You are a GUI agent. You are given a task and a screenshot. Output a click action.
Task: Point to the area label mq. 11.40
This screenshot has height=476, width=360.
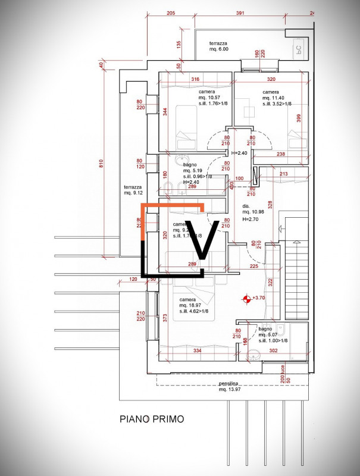(274, 98)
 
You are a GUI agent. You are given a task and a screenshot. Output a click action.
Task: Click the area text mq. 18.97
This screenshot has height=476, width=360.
(190, 305)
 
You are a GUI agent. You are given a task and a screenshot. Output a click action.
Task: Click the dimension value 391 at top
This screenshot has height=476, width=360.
(240, 12)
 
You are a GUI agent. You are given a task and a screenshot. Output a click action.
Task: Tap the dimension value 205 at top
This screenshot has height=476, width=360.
(171, 12)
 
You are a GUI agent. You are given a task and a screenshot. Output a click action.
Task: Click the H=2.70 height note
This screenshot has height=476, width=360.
(250, 219)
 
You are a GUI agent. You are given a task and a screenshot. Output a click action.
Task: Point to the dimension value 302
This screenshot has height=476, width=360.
(274, 352)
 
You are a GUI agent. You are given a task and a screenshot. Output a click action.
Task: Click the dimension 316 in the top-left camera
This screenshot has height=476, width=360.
(195, 79)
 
